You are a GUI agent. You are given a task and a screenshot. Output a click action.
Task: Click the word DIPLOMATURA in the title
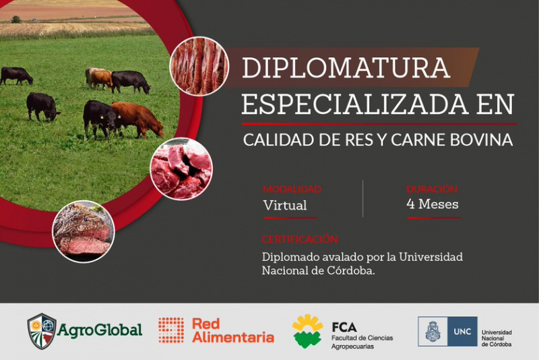pyautogui.click(x=346, y=67)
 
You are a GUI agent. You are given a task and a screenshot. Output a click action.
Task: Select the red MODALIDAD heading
pyautogui.click(x=292, y=189)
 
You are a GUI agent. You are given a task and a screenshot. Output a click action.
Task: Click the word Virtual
pyautogui.click(x=285, y=205)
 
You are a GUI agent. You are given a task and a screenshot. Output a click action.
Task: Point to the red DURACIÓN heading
pyautogui.click(x=432, y=189)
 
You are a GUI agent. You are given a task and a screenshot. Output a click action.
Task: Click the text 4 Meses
pyautogui.click(x=433, y=204)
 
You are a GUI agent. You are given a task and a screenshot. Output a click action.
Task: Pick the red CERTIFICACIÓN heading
pyautogui.click(x=300, y=239)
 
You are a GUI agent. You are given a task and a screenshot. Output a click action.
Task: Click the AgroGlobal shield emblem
pyautogui.click(x=42, y=331)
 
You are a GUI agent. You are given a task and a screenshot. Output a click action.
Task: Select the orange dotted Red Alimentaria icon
pyautogui.click(x=171, y=330)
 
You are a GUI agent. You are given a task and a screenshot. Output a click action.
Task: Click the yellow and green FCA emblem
pyautogui.click(x=307, y=331)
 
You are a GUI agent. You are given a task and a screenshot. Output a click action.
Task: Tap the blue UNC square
pyautogui.click(x=462, y=332)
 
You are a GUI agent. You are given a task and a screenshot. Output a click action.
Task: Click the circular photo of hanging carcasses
pyautogui.click(x=199, y=66)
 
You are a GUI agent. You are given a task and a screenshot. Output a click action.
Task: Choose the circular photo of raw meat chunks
pyautogui.click(x=181, y=169)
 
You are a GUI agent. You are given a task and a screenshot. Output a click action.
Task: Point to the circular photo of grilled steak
pyautogui.click(x=84, y=231)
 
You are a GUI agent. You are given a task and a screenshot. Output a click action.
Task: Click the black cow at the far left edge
pyautogui.click(x=16, y=76)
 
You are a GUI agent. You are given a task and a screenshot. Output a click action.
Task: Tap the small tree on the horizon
pyautogui.click(x=15, y=20)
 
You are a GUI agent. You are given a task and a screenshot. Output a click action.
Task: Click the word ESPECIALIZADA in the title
pyautogui.click(x=355, y=104)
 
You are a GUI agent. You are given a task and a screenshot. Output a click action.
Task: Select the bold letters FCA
pyautogui.click(x=344, y=327)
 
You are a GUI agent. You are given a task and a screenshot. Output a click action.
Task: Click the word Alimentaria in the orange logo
pyautogui.click(x=233, y=337)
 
